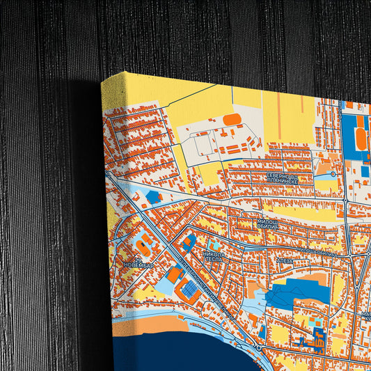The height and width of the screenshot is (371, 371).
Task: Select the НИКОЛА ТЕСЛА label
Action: (x=214, y=258)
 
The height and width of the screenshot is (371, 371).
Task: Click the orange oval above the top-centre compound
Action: (x=232, y=118)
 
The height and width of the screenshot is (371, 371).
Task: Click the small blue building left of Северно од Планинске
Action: (x=153, y=197)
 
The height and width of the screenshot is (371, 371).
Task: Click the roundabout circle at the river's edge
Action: (x=258, y=347)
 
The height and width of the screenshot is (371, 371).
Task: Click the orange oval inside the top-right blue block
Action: (x=361, y=138)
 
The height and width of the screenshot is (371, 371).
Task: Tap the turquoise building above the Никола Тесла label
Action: (x=214, y=246)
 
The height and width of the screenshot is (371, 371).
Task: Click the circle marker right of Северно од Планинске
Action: (x=333, y=174)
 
